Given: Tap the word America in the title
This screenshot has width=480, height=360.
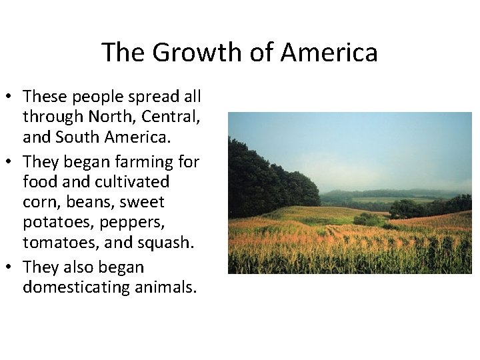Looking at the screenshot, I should click(x=330, y=53).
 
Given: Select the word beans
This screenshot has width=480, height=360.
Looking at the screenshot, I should click(x=89, y=202).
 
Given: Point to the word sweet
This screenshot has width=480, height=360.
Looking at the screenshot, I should click(x=142, y=202).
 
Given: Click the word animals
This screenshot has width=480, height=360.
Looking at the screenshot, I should click(x=165, y=287).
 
